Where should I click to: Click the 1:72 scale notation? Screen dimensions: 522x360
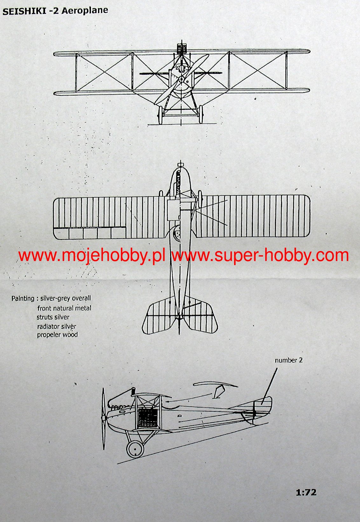point(306,493)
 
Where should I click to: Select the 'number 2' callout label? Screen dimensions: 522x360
point(288,360)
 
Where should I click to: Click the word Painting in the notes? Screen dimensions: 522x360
point(23,299)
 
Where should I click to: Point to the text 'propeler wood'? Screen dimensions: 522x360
point(57,335)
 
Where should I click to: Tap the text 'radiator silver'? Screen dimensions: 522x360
point(57,326)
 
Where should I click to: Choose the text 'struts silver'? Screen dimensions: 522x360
point(53,317)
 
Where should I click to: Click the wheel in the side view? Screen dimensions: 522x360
point(135,449)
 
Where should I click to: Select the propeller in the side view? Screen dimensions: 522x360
point(103,418)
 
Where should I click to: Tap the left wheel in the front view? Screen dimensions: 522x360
point(161,115)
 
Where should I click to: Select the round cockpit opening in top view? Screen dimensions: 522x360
point(177,235)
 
